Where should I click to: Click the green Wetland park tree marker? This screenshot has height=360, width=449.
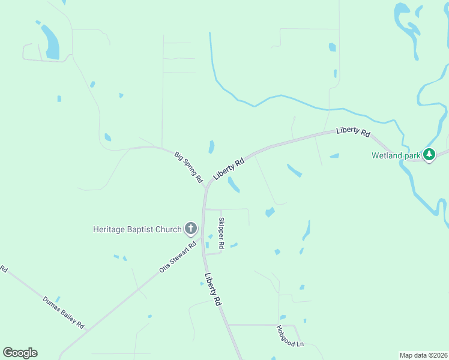[429, 155]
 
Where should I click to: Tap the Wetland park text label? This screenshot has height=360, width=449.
[396, 156]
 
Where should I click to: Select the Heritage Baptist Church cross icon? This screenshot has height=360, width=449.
[191, 228]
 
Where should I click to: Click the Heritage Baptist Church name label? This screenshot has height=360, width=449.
[137, 229]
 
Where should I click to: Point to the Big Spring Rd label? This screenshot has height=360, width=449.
[188, 167]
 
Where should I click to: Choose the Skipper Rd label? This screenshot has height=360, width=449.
[221, 233]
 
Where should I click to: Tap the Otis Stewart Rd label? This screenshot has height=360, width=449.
[178, 257]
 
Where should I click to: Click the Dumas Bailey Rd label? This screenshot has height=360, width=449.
[63, 313]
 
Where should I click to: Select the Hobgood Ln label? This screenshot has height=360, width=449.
[291, 336]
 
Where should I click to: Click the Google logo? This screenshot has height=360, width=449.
[20, 353]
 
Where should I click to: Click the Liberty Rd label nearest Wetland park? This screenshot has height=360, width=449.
[353, 131]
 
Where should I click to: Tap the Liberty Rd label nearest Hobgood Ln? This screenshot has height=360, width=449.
[213, 290]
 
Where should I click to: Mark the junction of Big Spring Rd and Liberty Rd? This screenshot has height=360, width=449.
[206, 187]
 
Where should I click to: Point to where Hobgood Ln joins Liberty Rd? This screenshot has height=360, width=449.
[229, 325]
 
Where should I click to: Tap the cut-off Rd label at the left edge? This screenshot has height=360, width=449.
[3, 269]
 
